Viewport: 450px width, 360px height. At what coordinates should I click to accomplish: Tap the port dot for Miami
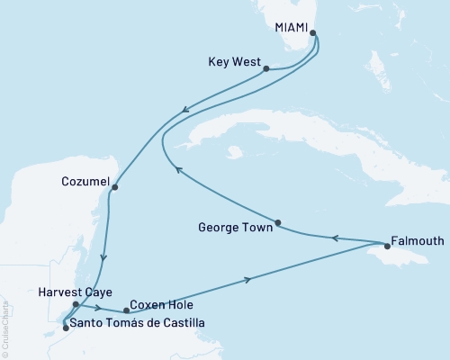point(314,35)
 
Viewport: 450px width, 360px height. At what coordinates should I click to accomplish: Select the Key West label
point(232,64)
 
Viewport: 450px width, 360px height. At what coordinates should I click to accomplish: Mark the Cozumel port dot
point(114,187)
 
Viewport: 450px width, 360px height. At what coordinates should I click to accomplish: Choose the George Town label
point(235,229)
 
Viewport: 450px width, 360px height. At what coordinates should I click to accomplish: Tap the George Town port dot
point(278,223)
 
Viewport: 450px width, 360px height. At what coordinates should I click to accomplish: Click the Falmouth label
point(418,243)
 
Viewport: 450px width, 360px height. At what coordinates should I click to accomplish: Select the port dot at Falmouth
point(387,244)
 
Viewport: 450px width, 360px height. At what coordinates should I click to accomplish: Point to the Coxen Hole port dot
point(126,310)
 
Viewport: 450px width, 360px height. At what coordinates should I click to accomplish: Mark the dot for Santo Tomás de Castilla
point(65,328)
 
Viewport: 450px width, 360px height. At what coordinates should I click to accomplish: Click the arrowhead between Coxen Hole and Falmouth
point(247,279)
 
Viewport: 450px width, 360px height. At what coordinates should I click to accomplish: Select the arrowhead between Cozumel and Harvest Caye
point(105,258)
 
